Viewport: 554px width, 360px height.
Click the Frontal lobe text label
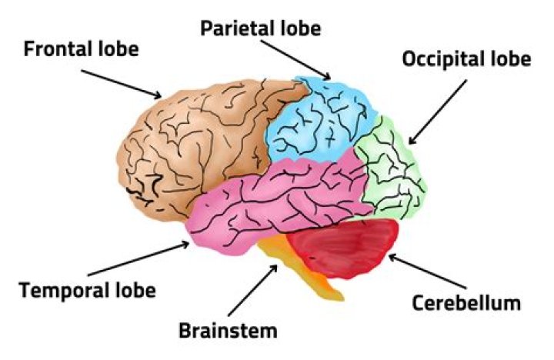point(81,50)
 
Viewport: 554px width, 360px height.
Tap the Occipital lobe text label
point(466,59)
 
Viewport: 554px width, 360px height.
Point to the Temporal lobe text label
point(87,291)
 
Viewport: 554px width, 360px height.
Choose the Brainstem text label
point(227,332)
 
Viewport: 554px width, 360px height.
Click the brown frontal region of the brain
point(192,138)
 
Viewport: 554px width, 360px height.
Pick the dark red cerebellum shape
point(346,246)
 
